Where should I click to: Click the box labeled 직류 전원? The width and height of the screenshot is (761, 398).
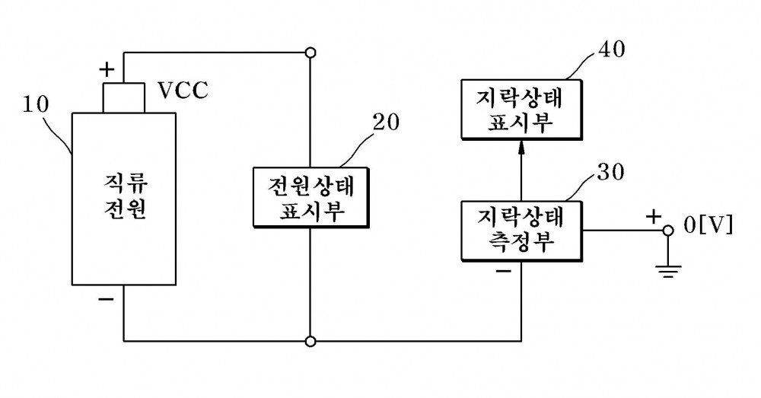[124, 199]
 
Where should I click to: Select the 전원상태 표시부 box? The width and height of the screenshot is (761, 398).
[310, 198]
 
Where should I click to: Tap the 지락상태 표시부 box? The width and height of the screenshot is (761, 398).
[521, 110]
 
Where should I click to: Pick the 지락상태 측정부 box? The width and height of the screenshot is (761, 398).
[521, 231]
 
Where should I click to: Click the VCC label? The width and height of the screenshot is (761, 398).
[183, 91]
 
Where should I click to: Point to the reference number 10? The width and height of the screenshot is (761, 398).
[36, 104]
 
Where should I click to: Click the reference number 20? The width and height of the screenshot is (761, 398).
[386, 123]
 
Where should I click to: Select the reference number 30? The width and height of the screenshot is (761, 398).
[610, 172]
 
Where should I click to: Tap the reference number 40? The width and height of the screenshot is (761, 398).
[611, 49]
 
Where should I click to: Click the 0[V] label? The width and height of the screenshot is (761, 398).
[708, 226]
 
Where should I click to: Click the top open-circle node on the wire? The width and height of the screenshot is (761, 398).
[310, 53]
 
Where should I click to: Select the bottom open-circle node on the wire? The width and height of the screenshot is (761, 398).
[310, 341]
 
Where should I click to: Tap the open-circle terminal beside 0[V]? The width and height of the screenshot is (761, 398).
[668, 231]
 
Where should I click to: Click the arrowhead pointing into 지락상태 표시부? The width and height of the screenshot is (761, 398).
[521, 147]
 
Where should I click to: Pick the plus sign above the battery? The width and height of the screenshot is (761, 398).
[107, 70]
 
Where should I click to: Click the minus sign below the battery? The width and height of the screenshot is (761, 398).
[106, 299]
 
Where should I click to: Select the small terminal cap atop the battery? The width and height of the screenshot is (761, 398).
[124, 98]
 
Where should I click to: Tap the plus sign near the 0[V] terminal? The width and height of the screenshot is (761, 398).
[654, 216]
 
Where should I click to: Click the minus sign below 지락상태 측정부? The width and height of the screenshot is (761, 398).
[504, 270]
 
